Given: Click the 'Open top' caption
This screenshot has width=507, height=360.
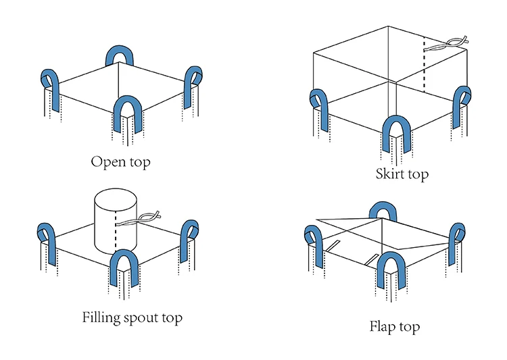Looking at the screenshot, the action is click(120, 162).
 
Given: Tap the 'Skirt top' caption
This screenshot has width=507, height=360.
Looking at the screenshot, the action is click(402, 174).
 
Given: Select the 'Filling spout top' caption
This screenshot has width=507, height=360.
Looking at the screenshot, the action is click(132, 317).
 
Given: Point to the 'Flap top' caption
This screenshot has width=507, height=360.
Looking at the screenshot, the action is click(395, 326).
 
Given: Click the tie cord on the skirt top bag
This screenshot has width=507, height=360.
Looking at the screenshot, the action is click(446, 45).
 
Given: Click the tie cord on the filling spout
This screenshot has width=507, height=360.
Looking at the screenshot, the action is click(139, 219).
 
